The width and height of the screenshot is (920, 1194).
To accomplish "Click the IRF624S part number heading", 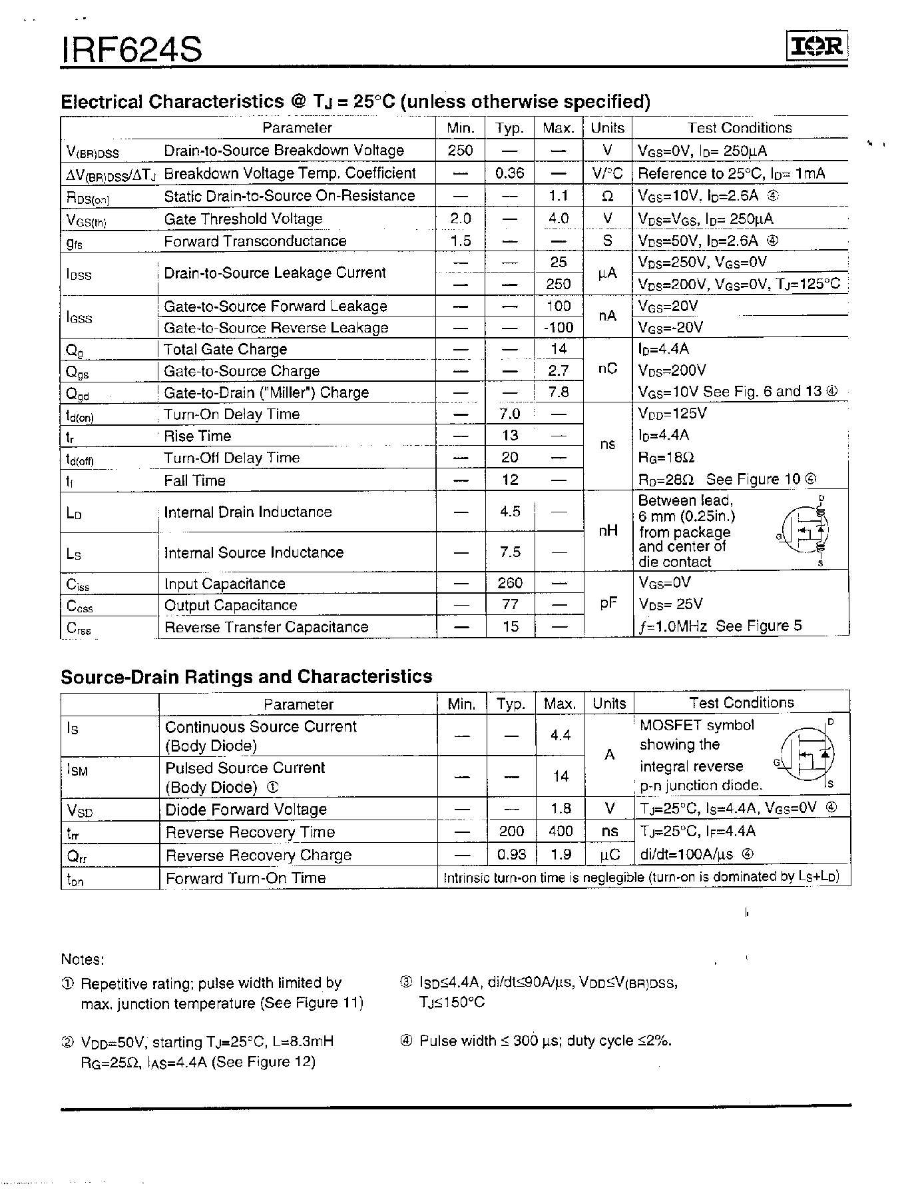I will tap(131, 49).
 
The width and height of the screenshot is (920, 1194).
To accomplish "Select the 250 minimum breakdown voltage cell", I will tap(460, 150).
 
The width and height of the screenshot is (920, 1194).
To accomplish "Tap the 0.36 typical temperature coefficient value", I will tap(510, 173).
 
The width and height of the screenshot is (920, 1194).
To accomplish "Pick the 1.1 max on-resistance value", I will tap(559, 196).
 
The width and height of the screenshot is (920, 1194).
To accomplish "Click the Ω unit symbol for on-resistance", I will tap(607, 196).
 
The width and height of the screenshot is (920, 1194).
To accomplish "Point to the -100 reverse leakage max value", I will tap(558, 327).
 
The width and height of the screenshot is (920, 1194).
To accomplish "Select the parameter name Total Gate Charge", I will tap(225, 349).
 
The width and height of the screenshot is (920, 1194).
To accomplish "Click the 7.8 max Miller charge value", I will tap(559, 392).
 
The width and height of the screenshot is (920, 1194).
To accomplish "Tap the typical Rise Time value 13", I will tap(510, 435).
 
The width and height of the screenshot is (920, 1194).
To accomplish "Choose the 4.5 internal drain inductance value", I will tap(510, 512).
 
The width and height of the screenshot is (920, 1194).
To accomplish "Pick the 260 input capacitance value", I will tap(510, 583).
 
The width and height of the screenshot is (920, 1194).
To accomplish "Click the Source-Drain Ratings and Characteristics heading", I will tap(246, 676).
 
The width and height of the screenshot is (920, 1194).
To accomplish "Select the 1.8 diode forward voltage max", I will tap(561, 808).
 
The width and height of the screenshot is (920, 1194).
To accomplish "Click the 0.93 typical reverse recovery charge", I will tap(511, 854).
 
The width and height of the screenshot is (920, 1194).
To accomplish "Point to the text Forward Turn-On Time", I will tap(246, 878).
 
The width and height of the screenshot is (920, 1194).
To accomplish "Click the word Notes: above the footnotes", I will tap(83, 959).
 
